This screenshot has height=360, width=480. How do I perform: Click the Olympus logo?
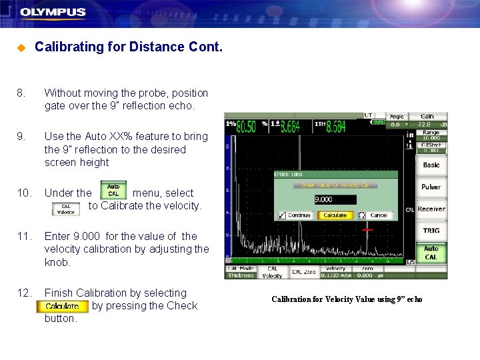click(53, 12)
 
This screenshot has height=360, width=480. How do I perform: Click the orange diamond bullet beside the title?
click(20, 48)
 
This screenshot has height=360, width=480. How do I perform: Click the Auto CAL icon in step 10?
click(113, 191)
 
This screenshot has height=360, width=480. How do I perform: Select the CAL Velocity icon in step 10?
click(66, 209)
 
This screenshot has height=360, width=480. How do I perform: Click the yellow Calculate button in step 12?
click(62, 307)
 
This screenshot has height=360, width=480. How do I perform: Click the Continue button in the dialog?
click(295, 215)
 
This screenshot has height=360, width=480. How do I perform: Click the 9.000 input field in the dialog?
click(335, 199)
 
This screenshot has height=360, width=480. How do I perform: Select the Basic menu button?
click(431, 165)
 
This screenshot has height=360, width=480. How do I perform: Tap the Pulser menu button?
click(431, 187)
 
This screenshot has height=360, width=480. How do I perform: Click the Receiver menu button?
click(431, 209)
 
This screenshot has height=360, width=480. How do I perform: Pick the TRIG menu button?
click(431, 231)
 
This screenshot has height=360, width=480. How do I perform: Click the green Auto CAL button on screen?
click(431, 253)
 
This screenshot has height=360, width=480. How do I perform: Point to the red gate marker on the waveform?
click(367, 229)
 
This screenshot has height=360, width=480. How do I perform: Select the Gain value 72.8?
click(425, 125)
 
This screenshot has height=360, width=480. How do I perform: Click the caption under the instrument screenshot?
click(347, 299)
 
